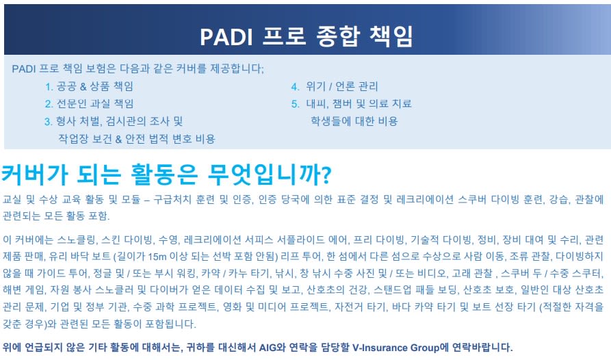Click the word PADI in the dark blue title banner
[226, 37]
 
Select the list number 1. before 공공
[49, 87]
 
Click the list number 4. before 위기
[296, 87]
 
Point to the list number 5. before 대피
[296, 104]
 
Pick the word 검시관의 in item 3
[125, 121]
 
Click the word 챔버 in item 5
[344, 103]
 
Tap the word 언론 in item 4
[346, 86]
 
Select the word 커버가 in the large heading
[35, 174]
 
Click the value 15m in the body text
[157, 257]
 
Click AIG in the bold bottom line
[268, 347]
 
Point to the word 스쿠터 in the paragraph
[587, 273]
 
